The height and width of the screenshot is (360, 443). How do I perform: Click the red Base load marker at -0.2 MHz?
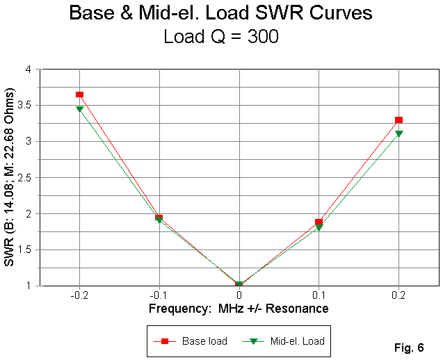pos(80,94)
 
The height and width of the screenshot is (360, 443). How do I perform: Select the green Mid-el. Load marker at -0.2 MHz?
pos(80,109)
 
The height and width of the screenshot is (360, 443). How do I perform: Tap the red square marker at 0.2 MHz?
pos(398,120)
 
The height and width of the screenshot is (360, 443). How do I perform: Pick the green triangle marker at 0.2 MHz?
pos(398,133)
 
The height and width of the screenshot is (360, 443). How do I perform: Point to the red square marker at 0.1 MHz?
pos(319,222)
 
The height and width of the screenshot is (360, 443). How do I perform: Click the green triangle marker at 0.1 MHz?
pos(319,228)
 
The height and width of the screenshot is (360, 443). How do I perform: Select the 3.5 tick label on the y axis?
pos(26,106)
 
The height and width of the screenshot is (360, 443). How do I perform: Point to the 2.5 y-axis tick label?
pos(26,177)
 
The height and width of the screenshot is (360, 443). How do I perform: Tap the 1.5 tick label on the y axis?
pos(26,249)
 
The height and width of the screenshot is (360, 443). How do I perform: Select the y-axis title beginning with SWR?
pos(10,177)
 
